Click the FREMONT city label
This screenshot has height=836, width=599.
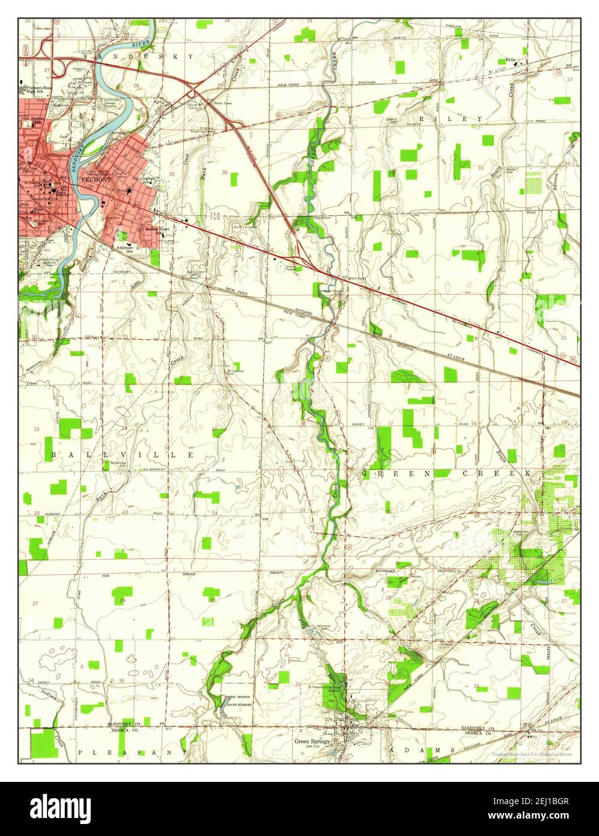pos(96,179)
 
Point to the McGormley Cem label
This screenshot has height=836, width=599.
pos(121,464)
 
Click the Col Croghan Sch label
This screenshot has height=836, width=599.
pos(145,179)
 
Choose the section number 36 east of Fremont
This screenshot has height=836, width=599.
pos(225,173)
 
